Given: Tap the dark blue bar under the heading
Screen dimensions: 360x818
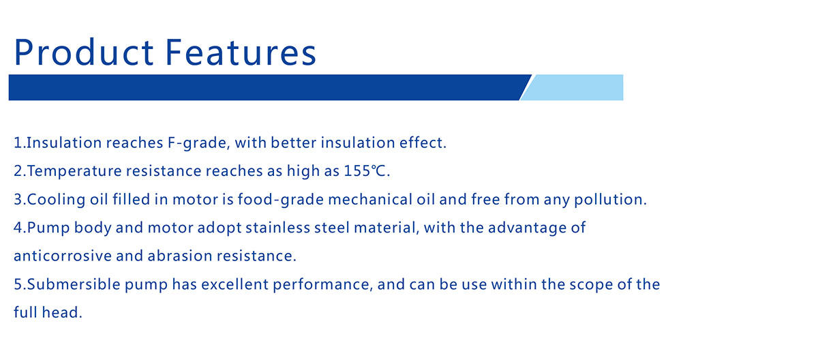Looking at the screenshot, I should tap(266, 87).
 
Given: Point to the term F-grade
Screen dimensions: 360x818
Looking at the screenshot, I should tap(192, 144).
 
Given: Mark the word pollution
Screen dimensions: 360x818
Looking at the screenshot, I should tap(610, 200).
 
